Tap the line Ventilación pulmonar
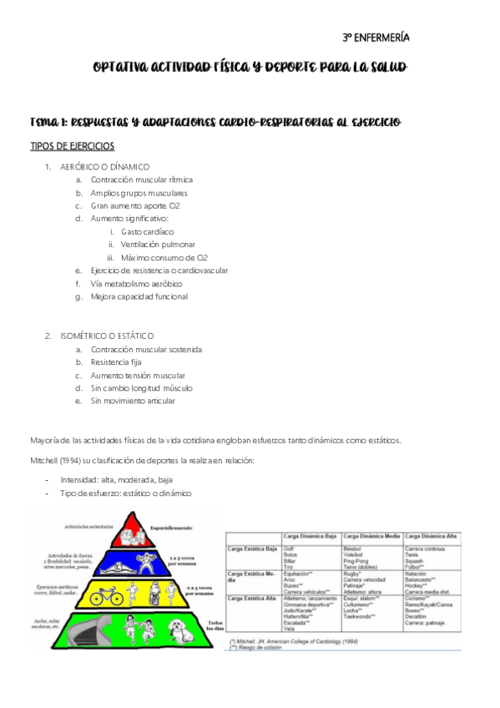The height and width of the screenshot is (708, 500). pos(158,245)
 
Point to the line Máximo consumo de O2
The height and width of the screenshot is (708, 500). pos(164,258)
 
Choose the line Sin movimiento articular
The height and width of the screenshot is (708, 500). pos(134,401)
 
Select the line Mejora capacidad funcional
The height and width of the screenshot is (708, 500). pos(139,296)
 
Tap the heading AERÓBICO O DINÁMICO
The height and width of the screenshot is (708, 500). pos(104,166)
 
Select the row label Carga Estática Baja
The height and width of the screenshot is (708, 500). pos(252,549)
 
